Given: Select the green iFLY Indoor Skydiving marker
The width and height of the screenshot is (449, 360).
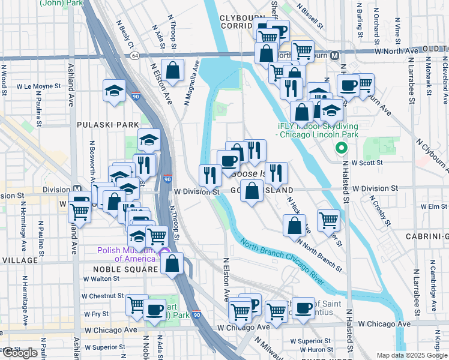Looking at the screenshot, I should click(342, 147).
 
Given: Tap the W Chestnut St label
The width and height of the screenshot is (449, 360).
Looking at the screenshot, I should click(103, 296).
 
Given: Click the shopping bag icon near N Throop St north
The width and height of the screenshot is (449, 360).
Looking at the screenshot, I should click(173, 70).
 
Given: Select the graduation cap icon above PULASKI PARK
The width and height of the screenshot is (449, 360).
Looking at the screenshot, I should click(114, 91).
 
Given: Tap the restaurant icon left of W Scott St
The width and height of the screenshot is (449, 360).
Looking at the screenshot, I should click(276, 173).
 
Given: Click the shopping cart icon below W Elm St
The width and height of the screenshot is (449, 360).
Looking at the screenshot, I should click(328, 220).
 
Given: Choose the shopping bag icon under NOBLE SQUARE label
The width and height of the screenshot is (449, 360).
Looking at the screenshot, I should click(172, 263).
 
